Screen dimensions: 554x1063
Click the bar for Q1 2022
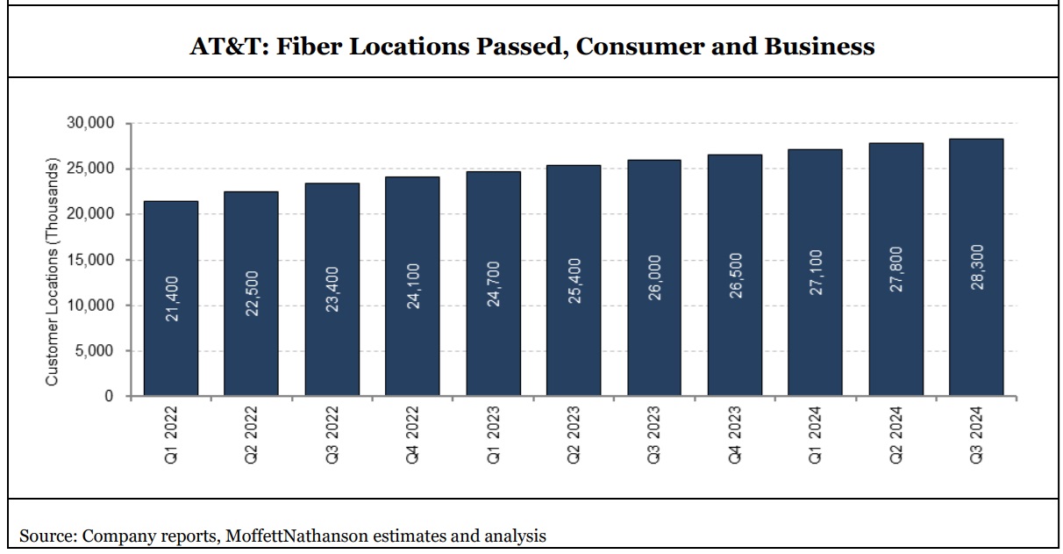pos(170,299)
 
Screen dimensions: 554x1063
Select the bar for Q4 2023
pos(735,275)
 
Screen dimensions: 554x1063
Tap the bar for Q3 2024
pos(976,267)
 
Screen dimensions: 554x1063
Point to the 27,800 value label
pos(896,270)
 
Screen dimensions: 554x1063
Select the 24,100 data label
pos(413,287)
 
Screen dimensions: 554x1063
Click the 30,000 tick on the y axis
pos(89,123)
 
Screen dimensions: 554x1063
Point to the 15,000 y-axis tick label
pos(89,260)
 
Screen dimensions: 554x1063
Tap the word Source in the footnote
pos(45,535)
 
